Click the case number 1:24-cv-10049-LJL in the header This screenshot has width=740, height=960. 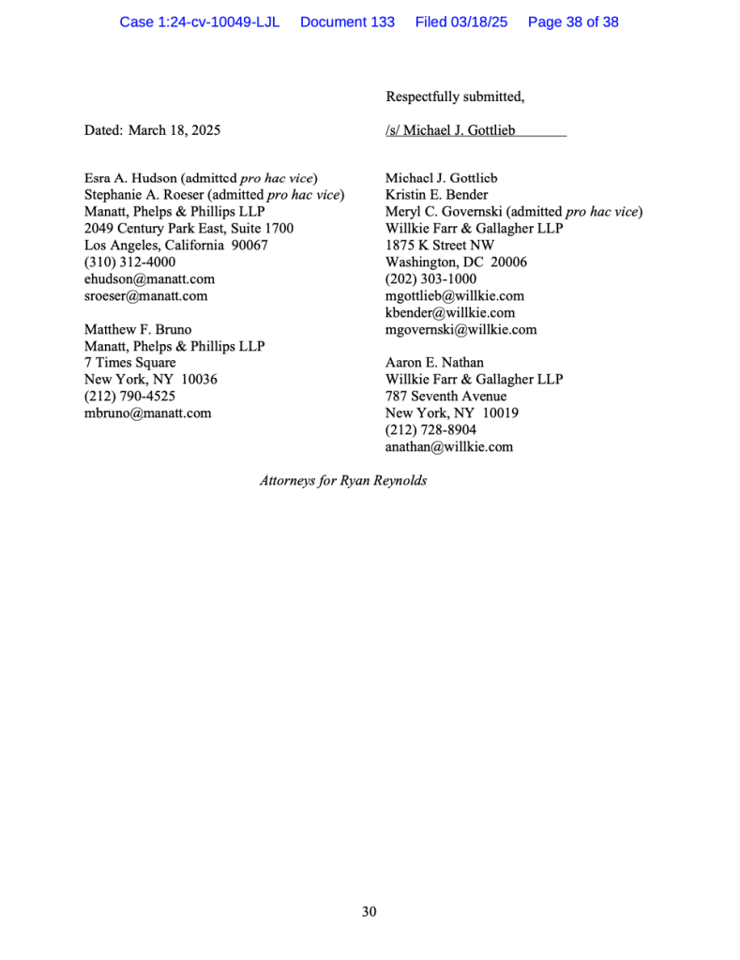click(x=199, y=22)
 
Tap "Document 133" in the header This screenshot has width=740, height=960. click(x=347, y=22)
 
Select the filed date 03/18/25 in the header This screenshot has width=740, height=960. click(x=461, y=22)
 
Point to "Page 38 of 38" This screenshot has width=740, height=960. click(x=573, y=22)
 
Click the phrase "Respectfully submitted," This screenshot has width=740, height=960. click(x=455, y=97)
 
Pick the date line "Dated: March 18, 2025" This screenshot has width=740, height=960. click(x=153, y=130)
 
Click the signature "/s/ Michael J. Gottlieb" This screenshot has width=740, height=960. click(x=450, y=130)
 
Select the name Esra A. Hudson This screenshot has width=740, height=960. click(x=130, y=178)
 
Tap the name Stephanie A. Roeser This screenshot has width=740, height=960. click(x=143, y=195)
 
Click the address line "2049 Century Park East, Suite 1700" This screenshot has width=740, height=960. click(x=189, y=228)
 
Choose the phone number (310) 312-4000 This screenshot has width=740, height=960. click(x=129, y=262)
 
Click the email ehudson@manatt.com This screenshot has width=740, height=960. click(x=149, y=278)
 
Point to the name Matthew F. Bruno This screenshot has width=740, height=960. click(x=138, y=330)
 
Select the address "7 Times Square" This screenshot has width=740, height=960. click(x=129, y=363)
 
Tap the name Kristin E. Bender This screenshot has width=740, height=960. click(x=436, y=195)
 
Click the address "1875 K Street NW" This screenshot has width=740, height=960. click(x=439, y=246)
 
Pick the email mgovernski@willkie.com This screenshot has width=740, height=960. click(x=461, y=329)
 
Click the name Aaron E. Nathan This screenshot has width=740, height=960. click(x=434, y=362)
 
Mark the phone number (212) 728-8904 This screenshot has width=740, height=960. click(x=430, y=429)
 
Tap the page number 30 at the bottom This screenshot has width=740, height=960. click(x=370, y=911)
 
